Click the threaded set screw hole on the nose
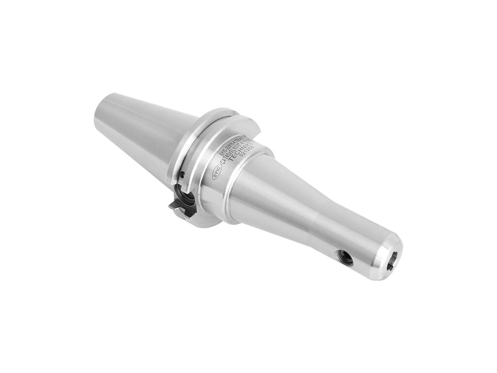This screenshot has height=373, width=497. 347,257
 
